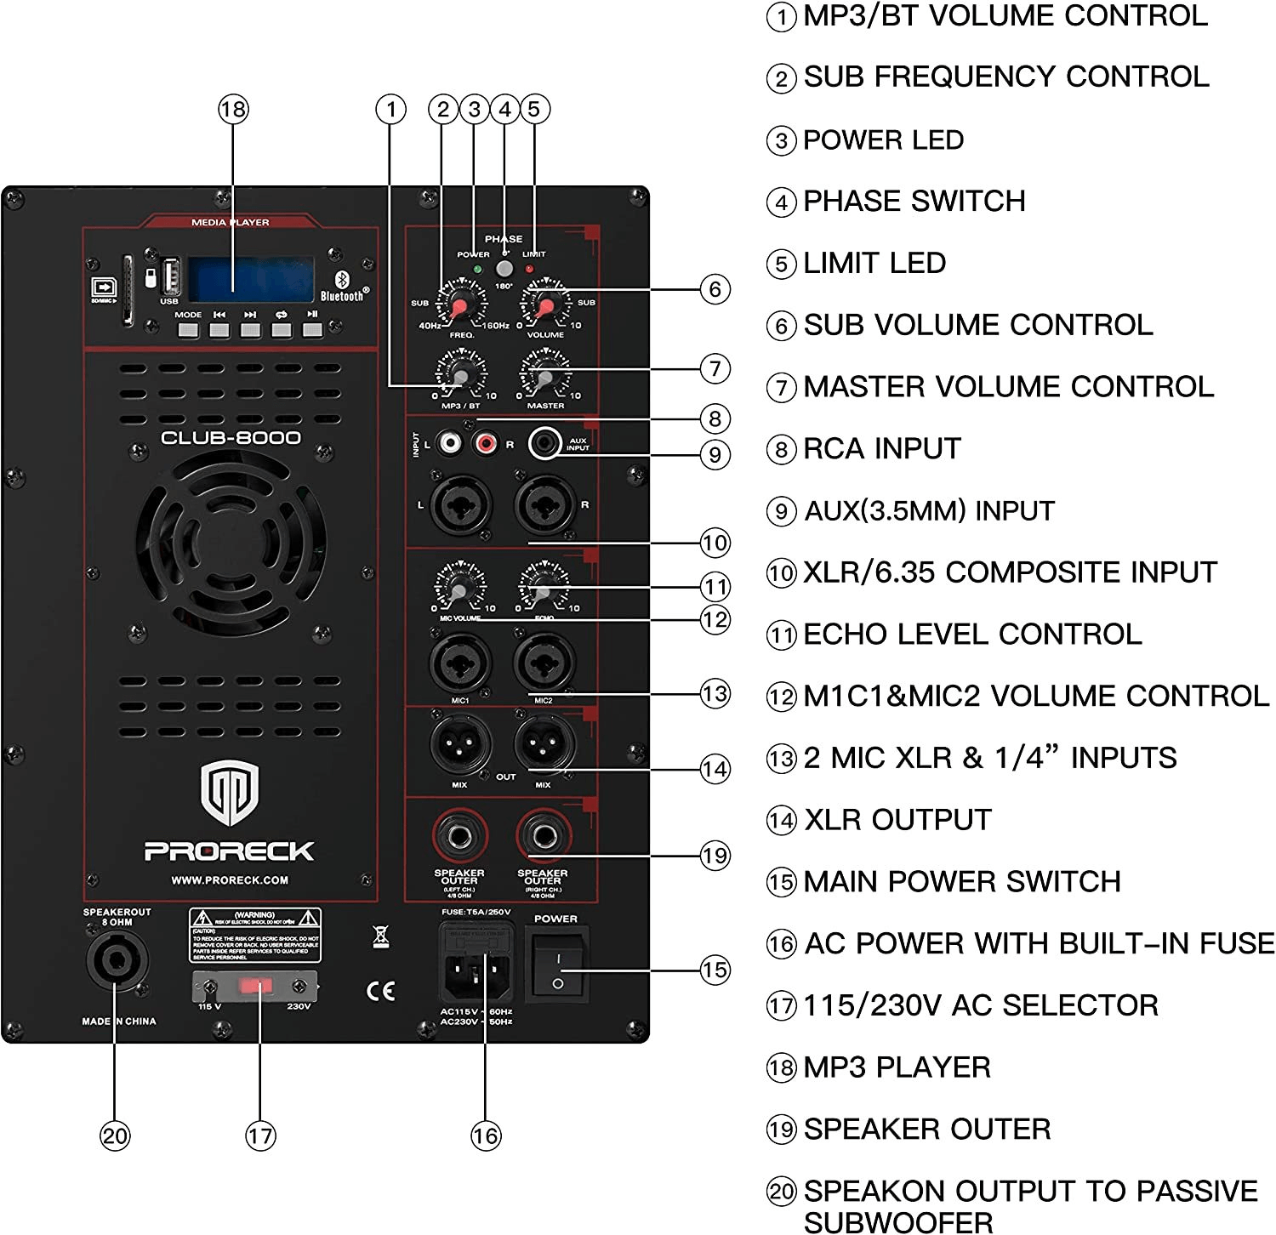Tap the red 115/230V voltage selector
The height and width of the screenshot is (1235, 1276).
pyautogui.click(x=255, y=986)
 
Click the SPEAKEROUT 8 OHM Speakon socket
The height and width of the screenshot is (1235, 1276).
pyautogui.click(x=114, y=961)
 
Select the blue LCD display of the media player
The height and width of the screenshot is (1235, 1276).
pyautogui.click(x=251, y=279)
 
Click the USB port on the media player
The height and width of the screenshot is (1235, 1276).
pyautogui.click(x=170, y=276)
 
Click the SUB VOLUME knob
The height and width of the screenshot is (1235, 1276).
pyautogui.click(x=545, y=305)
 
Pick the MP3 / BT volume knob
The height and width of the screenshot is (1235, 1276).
pyautogui.click(x=460, y=375)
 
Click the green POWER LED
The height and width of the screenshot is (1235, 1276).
pyautogui.click(x=477, y=270)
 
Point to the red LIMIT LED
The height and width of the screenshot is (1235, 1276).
pyautogui.click(x=530, y=270)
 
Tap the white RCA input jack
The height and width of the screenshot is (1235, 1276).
pyautogui.click(x=449, y=443)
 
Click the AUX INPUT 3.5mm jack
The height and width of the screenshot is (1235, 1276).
pyautogui.click(x=544, y=443)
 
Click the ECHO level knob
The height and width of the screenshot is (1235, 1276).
pyautogui.click(x=544, y=588)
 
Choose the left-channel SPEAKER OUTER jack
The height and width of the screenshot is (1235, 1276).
pyautogui.click(x=460, y=836)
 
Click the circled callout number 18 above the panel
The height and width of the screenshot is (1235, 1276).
pyautogui.click(x=233, y=109)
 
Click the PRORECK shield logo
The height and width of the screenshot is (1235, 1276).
pyautogui.click(x=230, y=793)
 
